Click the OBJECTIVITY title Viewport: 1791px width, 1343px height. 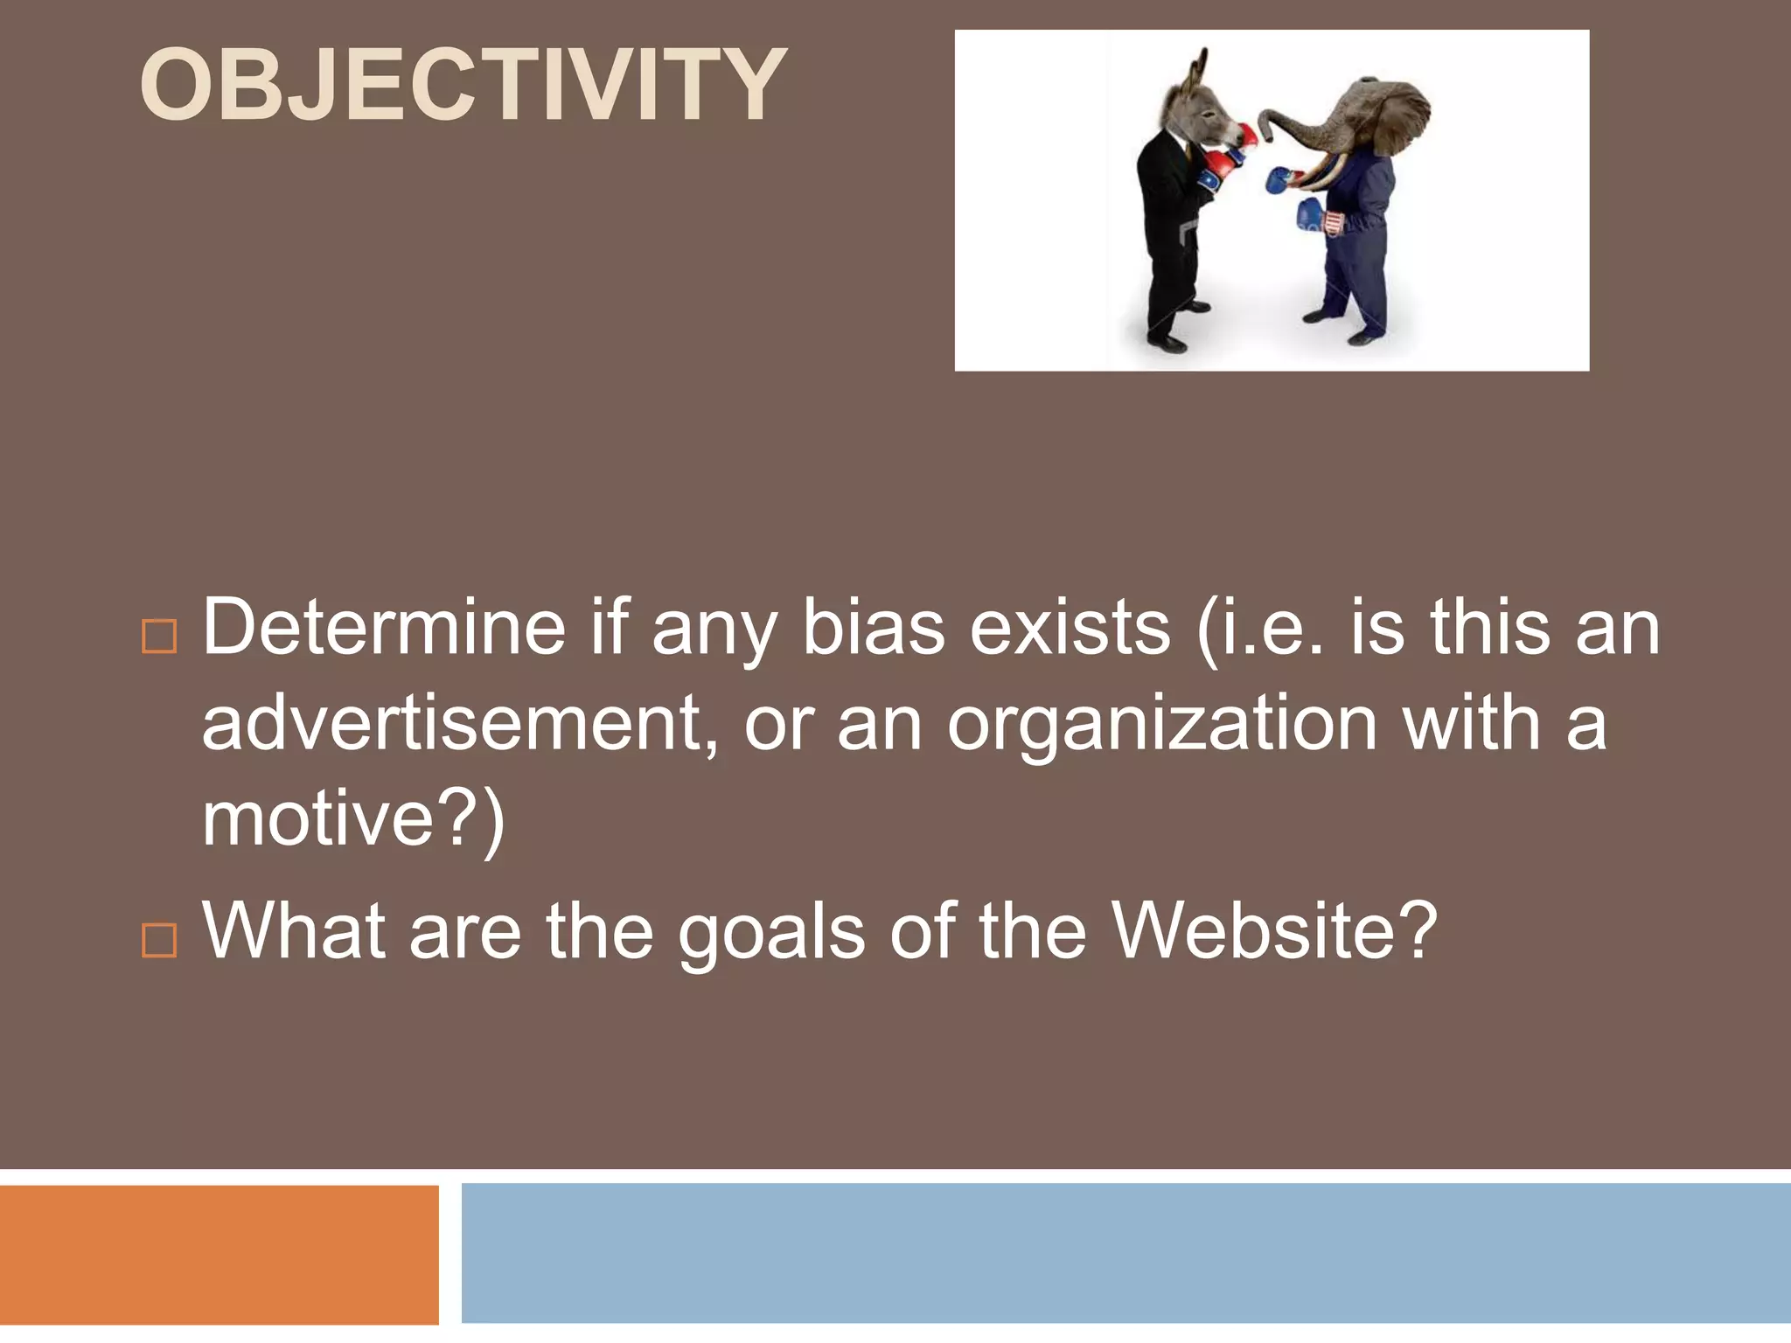[463, 85]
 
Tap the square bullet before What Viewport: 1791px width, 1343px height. [159, 941]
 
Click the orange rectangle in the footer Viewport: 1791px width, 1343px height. [219, 1254]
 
